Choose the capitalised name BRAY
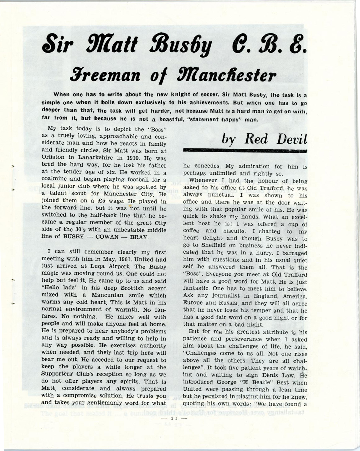139,237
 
